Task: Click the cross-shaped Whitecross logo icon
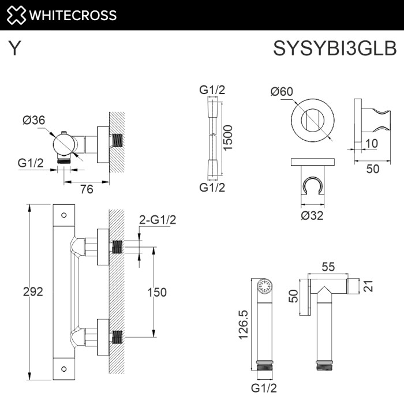tap(16, 15)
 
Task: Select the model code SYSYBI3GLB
tap(335, 49)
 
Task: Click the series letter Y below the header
tap(15, 49)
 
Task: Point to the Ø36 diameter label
tap(34, 120)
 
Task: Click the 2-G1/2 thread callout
tap(158, 219)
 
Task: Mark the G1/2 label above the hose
tap(212, 89)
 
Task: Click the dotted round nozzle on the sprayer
tap(266, 286)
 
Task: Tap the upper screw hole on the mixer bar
tap(64, 216)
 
